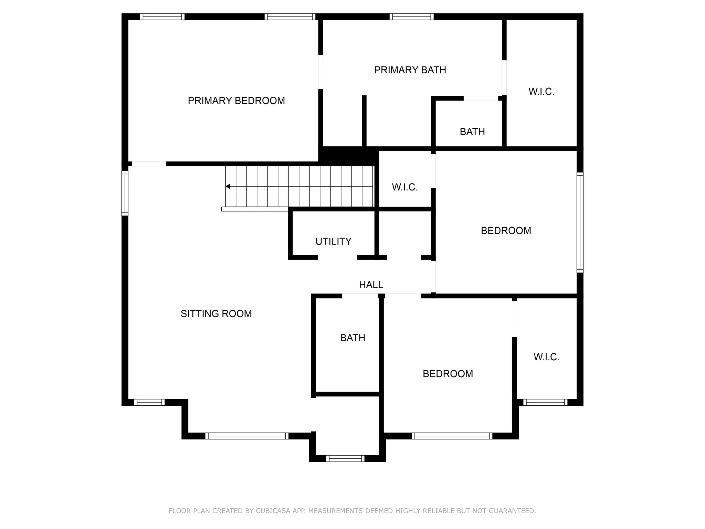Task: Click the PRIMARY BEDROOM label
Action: point(236,101)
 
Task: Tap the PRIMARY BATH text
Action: point(410,70)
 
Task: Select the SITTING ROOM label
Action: point(216,313)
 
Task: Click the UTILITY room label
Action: point(333,241)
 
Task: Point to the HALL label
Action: point(371,284)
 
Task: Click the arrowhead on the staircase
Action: point(228,186)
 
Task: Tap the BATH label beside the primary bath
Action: point(472,132)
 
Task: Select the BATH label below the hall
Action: point(352,338)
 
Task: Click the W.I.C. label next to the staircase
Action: point(404,187)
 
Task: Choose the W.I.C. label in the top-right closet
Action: point(541,92)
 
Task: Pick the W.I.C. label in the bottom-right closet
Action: point(546,357)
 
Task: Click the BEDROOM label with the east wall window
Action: point(506,230)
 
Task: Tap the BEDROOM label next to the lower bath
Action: point(448,374)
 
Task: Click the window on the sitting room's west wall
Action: point(125,193)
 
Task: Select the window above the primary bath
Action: point(411,17)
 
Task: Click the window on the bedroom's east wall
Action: point(580,222)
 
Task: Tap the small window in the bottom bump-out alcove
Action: point(345,458)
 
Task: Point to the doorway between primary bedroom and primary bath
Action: point(320,72)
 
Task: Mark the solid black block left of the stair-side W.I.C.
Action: point(348,156)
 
